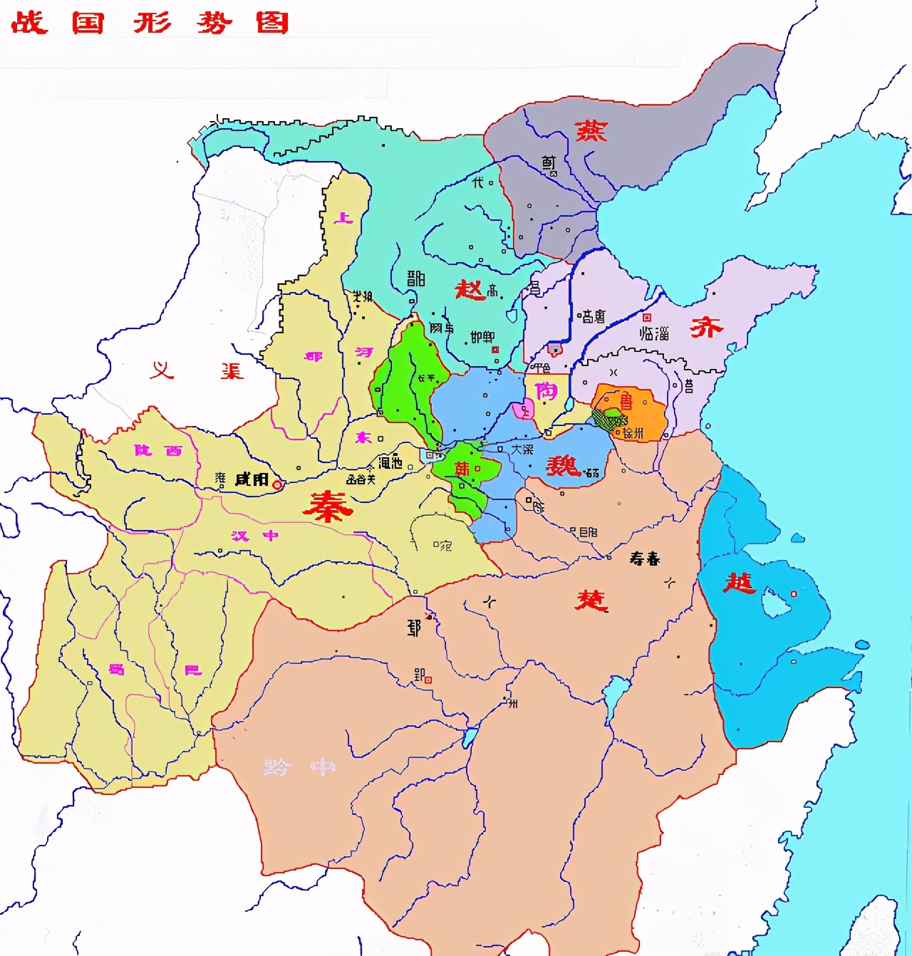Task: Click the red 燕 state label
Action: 591,130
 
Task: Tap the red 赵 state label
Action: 470,289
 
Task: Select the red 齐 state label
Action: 706,327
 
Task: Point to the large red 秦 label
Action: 328,506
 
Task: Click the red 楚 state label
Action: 591,600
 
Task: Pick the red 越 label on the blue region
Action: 739,583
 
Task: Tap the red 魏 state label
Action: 564,466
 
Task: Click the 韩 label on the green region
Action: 462,469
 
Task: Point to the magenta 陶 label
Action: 546,390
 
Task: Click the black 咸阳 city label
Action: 252,479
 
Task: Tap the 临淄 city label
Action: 654,333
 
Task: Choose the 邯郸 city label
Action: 482,337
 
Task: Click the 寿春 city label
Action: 645,558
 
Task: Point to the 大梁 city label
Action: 522,450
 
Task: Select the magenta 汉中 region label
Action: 254,536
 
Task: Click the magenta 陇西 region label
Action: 158,450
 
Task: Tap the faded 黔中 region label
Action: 299,767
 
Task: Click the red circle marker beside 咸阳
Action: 277,484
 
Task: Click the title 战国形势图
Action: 150,23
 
